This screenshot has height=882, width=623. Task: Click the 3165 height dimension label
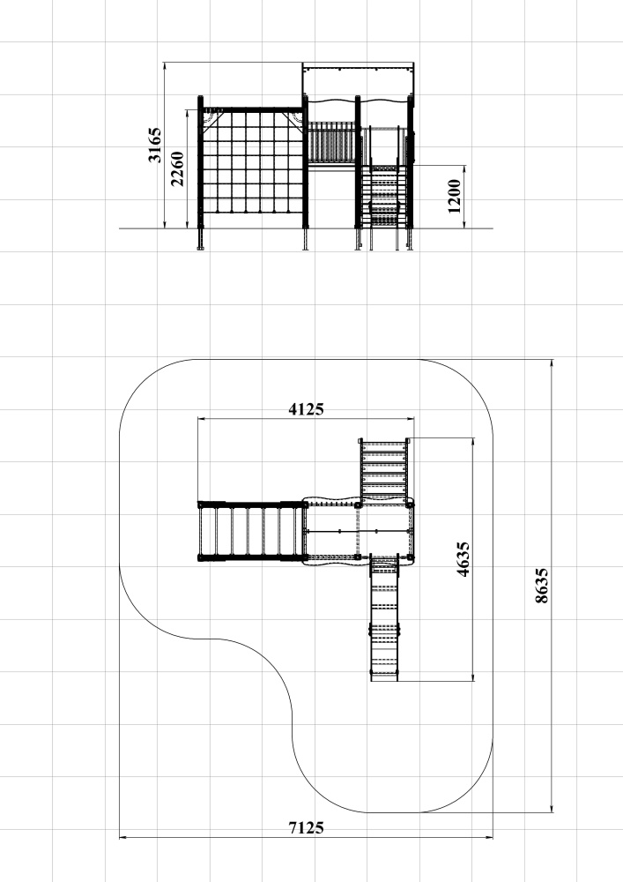154,146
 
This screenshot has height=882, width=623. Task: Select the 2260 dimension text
177,168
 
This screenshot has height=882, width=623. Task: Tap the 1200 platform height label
455,197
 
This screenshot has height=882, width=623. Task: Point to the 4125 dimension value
306,409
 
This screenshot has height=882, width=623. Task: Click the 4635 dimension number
463,559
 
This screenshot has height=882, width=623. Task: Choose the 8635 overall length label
542,586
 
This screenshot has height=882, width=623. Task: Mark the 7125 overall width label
306,827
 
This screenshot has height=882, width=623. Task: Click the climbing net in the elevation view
254,162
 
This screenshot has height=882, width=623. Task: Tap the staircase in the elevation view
384,197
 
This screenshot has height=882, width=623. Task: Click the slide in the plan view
384,617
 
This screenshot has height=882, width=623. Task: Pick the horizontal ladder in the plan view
252,531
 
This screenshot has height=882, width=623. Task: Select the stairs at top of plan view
383,470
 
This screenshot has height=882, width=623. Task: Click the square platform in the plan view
359,531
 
